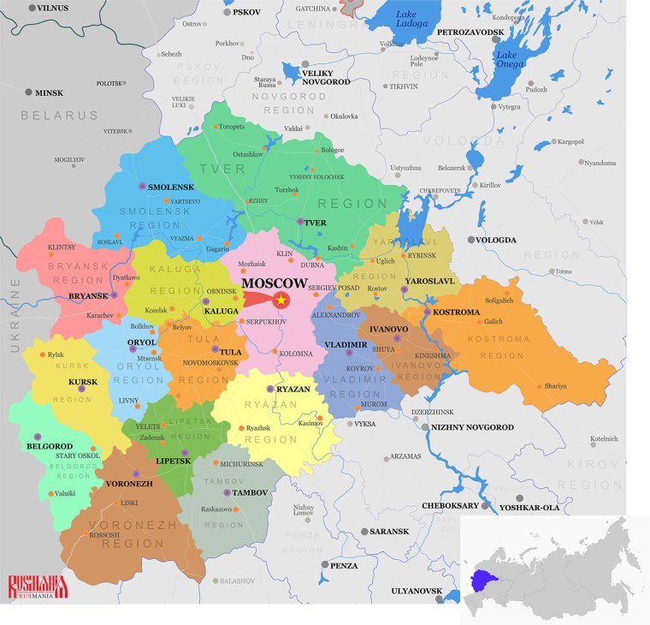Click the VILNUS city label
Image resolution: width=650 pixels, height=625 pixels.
[52, 8]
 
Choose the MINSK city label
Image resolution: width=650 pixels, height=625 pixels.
[50, 92]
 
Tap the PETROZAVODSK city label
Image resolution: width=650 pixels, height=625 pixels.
[470, 32]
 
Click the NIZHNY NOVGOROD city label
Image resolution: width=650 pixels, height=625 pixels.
[472, 427]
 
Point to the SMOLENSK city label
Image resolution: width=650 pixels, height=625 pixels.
[171, 187]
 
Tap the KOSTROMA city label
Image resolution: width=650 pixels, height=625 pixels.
[457, 312]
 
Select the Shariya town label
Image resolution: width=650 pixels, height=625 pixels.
[555, 386]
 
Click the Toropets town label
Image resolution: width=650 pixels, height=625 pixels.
[231, 127]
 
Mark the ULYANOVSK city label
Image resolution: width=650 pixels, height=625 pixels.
[417, 591]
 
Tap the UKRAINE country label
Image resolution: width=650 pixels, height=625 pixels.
[15, 316]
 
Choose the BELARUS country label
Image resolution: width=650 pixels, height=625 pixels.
[60, 115]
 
